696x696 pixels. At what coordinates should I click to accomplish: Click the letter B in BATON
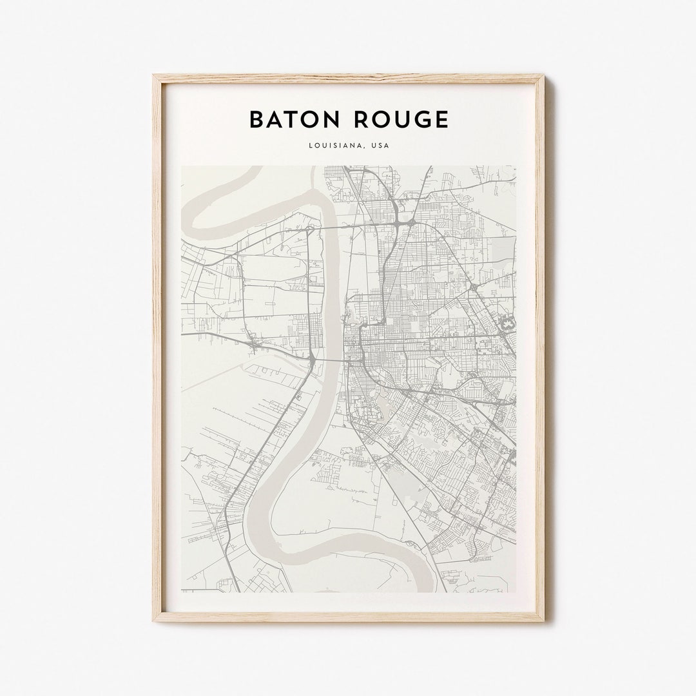pyautogui.click(x=256, y=120)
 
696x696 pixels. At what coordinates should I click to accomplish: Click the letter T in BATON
pyautogui.click(x=291, y=120)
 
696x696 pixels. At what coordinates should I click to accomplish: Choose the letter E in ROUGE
pyautogui.click(x=441, y=120)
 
